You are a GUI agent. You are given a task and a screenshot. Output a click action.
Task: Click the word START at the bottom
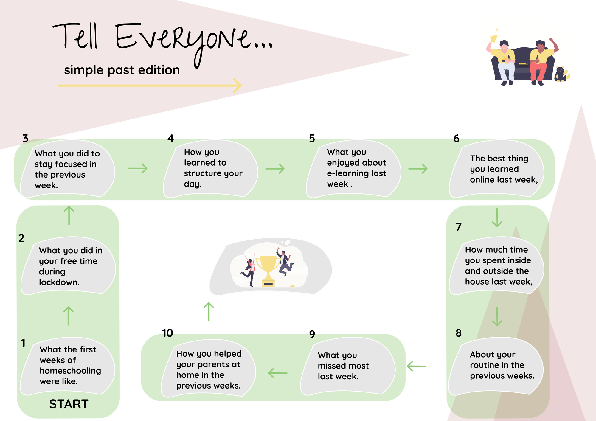69,404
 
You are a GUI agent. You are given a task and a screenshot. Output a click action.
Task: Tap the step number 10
167,333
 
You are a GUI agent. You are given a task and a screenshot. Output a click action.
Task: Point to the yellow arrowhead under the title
238,86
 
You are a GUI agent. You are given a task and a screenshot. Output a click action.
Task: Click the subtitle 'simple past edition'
122,70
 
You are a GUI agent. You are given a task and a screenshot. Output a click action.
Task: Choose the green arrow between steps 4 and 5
275,169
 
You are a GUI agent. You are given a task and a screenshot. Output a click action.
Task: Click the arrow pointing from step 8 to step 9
417,366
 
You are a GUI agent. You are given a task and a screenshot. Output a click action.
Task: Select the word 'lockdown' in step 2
59,282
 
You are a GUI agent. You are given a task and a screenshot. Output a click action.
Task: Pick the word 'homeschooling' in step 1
70,371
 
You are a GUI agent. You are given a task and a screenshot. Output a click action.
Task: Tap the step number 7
459,227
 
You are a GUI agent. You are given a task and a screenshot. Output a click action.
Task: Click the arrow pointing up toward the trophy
209,312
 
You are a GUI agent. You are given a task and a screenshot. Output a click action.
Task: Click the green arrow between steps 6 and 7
497,218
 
